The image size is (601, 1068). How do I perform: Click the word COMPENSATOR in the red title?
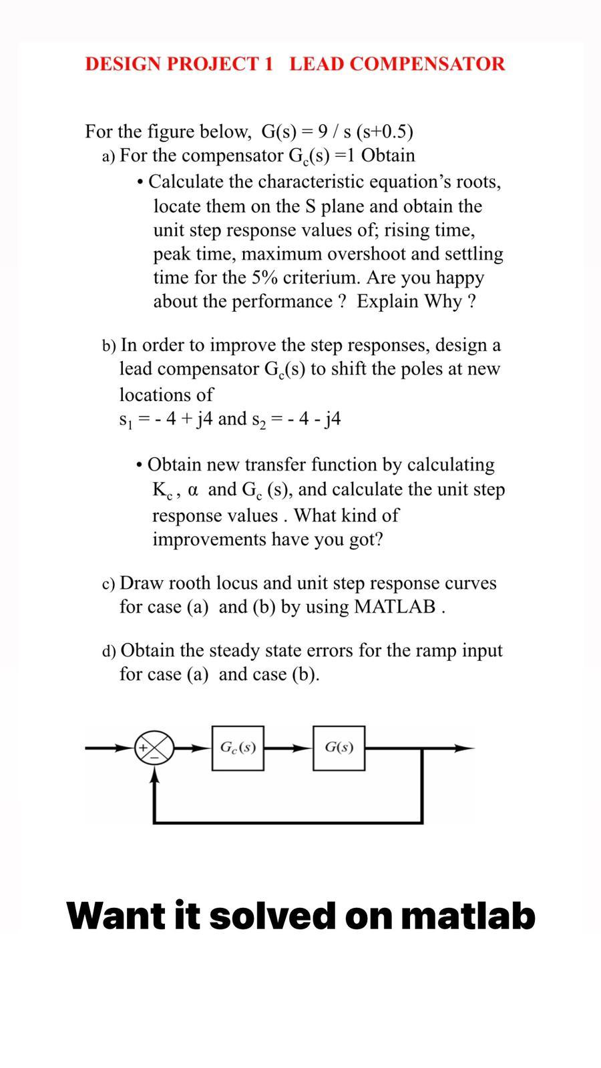pos(427,64)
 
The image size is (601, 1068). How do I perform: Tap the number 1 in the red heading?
pos(268,64)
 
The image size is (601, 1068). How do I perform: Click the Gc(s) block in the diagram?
pos(238,748)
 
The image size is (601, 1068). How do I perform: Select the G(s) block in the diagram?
pos(339,748)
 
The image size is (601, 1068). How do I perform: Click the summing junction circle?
pos(154,748)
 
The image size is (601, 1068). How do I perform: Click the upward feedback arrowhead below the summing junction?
pos(154,776)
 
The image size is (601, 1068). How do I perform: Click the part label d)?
pos(109,651)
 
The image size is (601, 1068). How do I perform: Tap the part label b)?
pos(109,346)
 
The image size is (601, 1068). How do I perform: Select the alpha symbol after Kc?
pos(193,490)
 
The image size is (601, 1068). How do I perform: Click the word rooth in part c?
pos(188,583)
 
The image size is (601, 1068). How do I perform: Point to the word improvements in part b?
pos(209,539)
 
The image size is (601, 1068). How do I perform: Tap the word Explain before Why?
pos(387,302)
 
